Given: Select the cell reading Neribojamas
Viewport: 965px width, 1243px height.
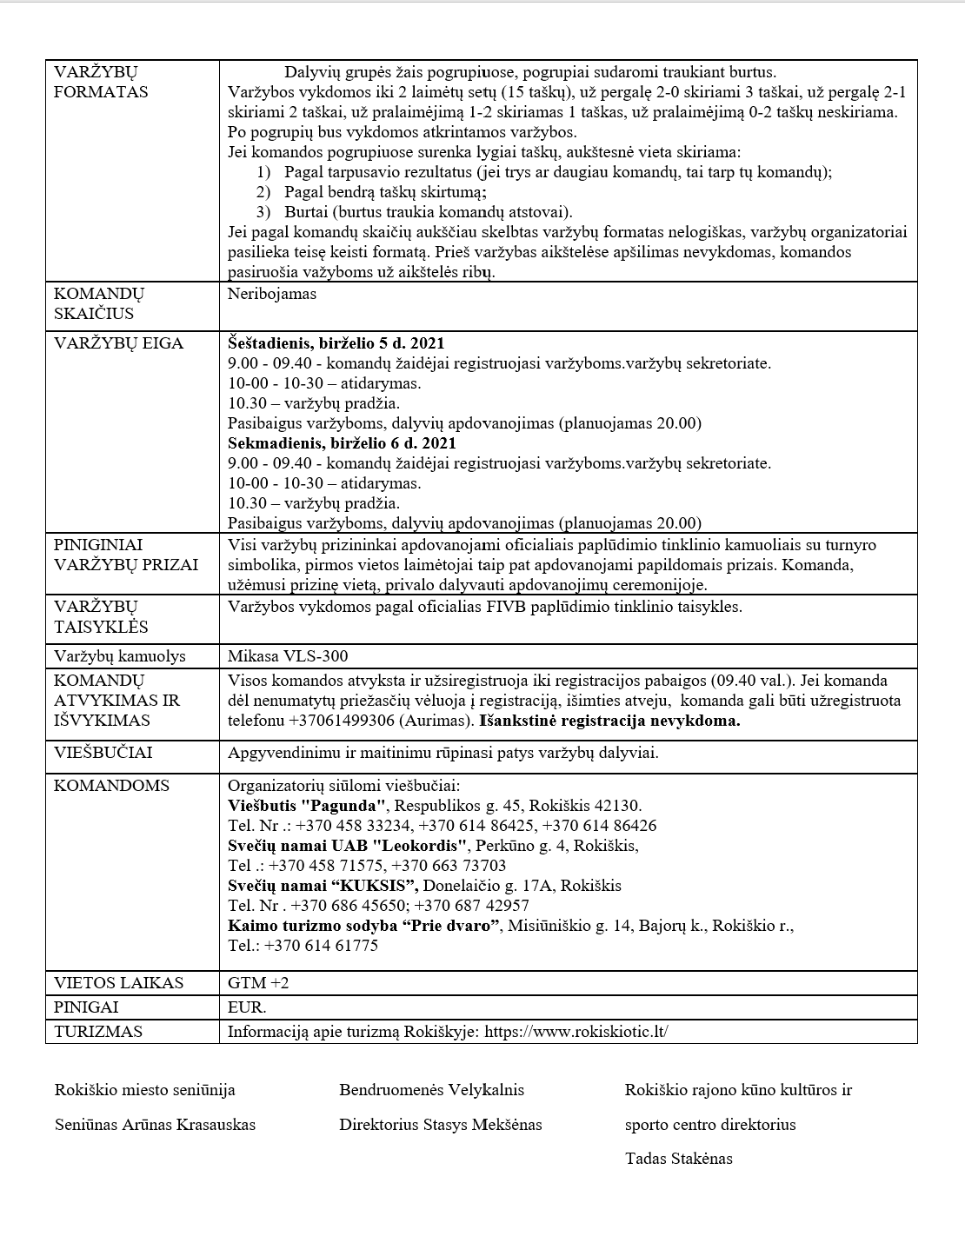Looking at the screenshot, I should (271, 294).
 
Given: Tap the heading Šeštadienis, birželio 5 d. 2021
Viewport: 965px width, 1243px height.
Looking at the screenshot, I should (336, 343).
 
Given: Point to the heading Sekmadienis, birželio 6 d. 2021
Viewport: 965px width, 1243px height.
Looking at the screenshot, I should (342, 443).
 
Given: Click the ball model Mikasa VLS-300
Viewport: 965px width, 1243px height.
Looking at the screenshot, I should (287, 656).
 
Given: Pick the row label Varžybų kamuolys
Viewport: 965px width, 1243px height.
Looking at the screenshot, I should (119, 656).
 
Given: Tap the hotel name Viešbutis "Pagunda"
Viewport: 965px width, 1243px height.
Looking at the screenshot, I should (306, 806).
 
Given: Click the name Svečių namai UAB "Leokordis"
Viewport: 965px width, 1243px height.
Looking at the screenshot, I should (348, 846).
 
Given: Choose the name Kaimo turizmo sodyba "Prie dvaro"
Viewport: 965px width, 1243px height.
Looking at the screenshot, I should (363, 926).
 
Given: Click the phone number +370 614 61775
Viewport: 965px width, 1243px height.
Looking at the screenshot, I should (321, 946).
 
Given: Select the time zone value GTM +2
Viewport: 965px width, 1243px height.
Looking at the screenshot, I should (257, 983).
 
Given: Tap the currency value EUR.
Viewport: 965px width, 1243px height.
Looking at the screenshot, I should (246, 1007).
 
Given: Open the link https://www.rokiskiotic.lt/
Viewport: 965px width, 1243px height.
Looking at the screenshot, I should (576, 1032).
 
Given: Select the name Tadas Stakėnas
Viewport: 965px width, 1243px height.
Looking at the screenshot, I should (678, 1159).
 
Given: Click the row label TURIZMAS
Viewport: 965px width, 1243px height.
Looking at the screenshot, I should (98, 1032).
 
